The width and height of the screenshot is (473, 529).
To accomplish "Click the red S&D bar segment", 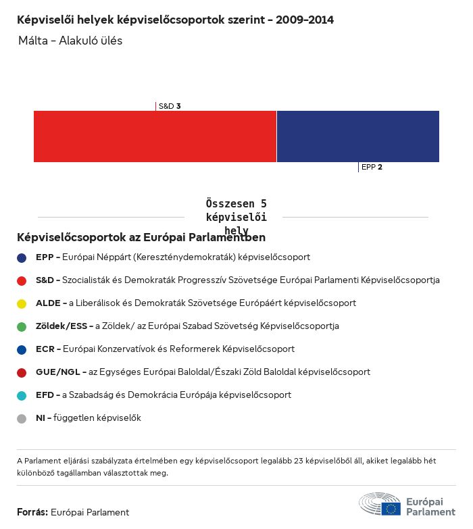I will [155, 136].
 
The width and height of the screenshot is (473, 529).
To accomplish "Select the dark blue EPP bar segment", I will [357, 136].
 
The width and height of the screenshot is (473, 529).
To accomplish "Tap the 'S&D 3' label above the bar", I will [169, 106].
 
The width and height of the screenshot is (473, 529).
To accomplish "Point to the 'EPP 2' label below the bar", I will [372, 167].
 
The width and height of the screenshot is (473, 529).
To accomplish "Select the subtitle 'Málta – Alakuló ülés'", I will [70, 41].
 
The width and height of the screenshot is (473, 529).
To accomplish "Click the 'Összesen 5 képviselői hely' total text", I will [236, 217].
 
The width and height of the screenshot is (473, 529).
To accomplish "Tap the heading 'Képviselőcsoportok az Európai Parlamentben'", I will [141, 237].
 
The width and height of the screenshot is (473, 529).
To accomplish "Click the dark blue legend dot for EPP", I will [22, 257].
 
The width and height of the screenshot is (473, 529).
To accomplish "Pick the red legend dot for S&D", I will [22, 280].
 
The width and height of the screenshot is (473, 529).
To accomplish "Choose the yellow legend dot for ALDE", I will [22, 303].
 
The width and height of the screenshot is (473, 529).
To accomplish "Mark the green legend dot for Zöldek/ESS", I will [22, 326].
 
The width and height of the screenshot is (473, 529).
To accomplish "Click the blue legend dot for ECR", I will [22, 349].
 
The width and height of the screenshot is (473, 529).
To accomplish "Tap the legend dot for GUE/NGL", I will [22, 372].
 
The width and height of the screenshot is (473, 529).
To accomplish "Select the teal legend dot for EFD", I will [22, 395].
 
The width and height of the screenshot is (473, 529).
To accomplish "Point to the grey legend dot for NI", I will [22, 418].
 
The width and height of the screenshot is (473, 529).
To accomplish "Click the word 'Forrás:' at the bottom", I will [32, 512].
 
